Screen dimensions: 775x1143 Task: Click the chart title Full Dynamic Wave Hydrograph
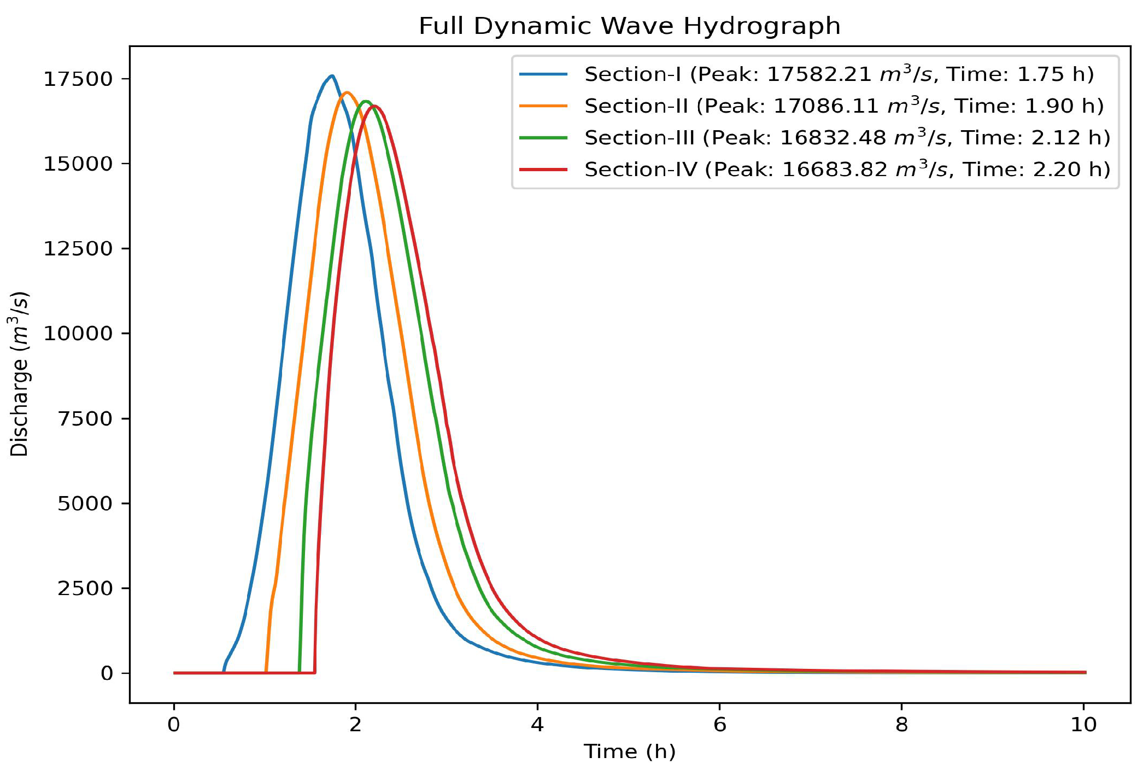tap(629, 26)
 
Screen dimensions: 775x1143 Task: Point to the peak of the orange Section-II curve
tap(347, 92)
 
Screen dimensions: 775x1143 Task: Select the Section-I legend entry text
tap(839, 74)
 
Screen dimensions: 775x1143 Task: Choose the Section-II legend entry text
tap(843, 106)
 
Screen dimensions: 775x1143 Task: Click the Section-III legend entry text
tap(847, 137)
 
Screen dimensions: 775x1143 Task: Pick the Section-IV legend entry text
tap(847, 169)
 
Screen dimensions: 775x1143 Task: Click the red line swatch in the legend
tap(543, 170)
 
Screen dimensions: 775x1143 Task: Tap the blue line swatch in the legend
tap(543, 74)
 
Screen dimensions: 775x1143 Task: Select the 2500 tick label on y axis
tap(85, 588)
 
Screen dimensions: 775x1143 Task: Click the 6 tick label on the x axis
tap(719, 725)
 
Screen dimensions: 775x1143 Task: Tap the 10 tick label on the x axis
tap(1083, 725)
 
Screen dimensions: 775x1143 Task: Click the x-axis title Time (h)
tap(629, 751)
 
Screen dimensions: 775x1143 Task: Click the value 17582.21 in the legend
tap(819, 74)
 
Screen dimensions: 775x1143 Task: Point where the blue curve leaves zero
tap(224, 671)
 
